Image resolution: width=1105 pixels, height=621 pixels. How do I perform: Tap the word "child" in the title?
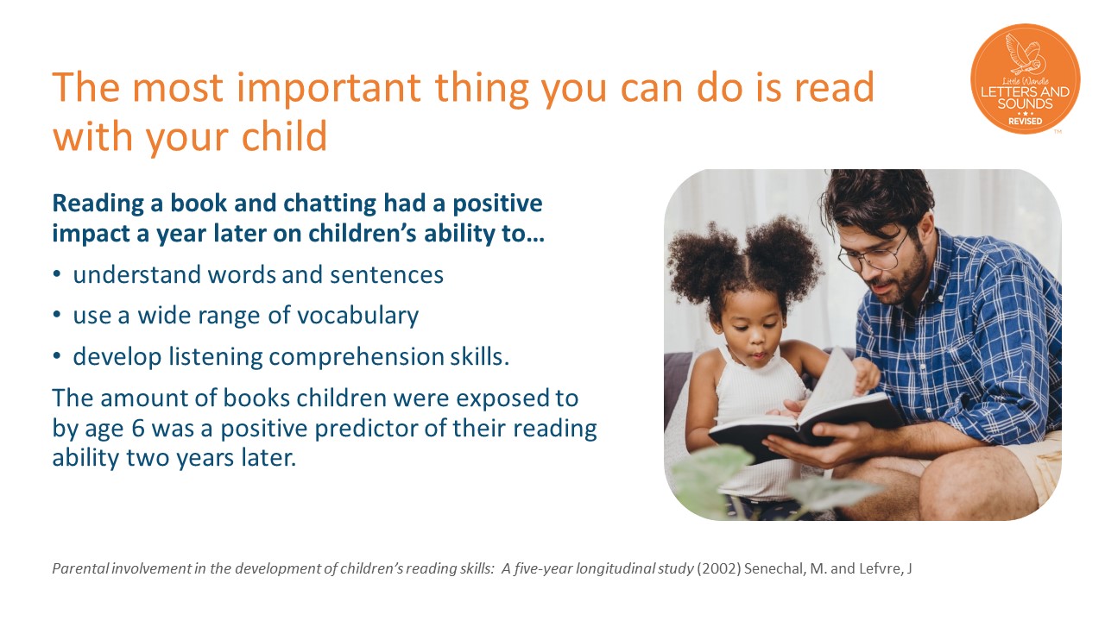[284, 135]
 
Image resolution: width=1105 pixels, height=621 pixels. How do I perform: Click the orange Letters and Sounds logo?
[1026, 78]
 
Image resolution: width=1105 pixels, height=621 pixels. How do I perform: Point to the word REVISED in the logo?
[1025, 122]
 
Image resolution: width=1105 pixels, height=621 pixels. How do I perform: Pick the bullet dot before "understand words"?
[57, 274]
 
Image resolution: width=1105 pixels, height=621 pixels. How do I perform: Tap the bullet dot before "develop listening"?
[57, 356]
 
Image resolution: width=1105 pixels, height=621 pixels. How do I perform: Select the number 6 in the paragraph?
[138, 429]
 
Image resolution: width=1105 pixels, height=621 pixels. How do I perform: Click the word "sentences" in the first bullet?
[387, 275]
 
